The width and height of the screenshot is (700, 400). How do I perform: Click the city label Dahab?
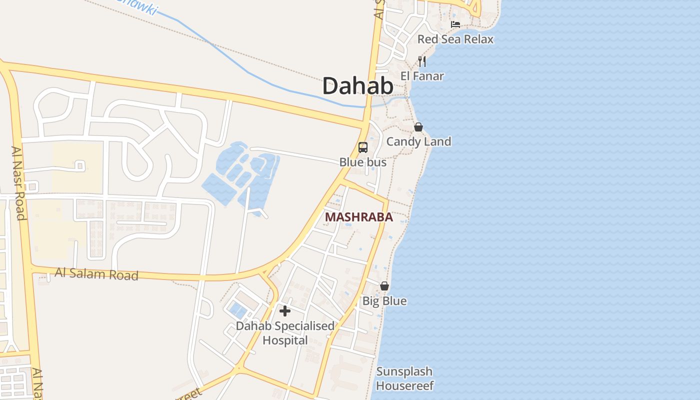click(357, 86)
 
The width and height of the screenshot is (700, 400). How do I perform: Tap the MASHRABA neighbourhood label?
click(358, 217)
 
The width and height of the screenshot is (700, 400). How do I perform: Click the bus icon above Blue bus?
click(363, 147)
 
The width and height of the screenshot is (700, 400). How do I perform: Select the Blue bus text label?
click(362, 162)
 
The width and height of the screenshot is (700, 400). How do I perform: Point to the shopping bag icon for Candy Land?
click(418, 127)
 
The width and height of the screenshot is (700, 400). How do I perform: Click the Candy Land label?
click(418, 141)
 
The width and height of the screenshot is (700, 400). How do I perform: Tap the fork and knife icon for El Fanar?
click(422, 61)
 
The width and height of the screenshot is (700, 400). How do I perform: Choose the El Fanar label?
click(422, 76)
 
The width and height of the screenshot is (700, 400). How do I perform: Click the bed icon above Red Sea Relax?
click(455, 24)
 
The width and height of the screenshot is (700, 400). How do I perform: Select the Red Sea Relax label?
click(455, 39)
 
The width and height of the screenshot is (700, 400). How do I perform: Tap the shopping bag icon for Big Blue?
click(384, 286)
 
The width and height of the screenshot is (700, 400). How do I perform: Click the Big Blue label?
click(384, 301)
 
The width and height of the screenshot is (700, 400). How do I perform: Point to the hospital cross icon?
click(285, 311)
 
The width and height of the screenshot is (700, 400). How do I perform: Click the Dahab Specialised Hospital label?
click(285, 333)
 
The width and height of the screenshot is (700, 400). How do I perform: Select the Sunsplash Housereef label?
click(404, 378)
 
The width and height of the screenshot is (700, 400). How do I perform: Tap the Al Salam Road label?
click(96, 274)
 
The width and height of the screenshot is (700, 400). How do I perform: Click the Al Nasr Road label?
click(18, 182)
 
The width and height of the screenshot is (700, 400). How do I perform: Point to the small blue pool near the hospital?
click(237, 311)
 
